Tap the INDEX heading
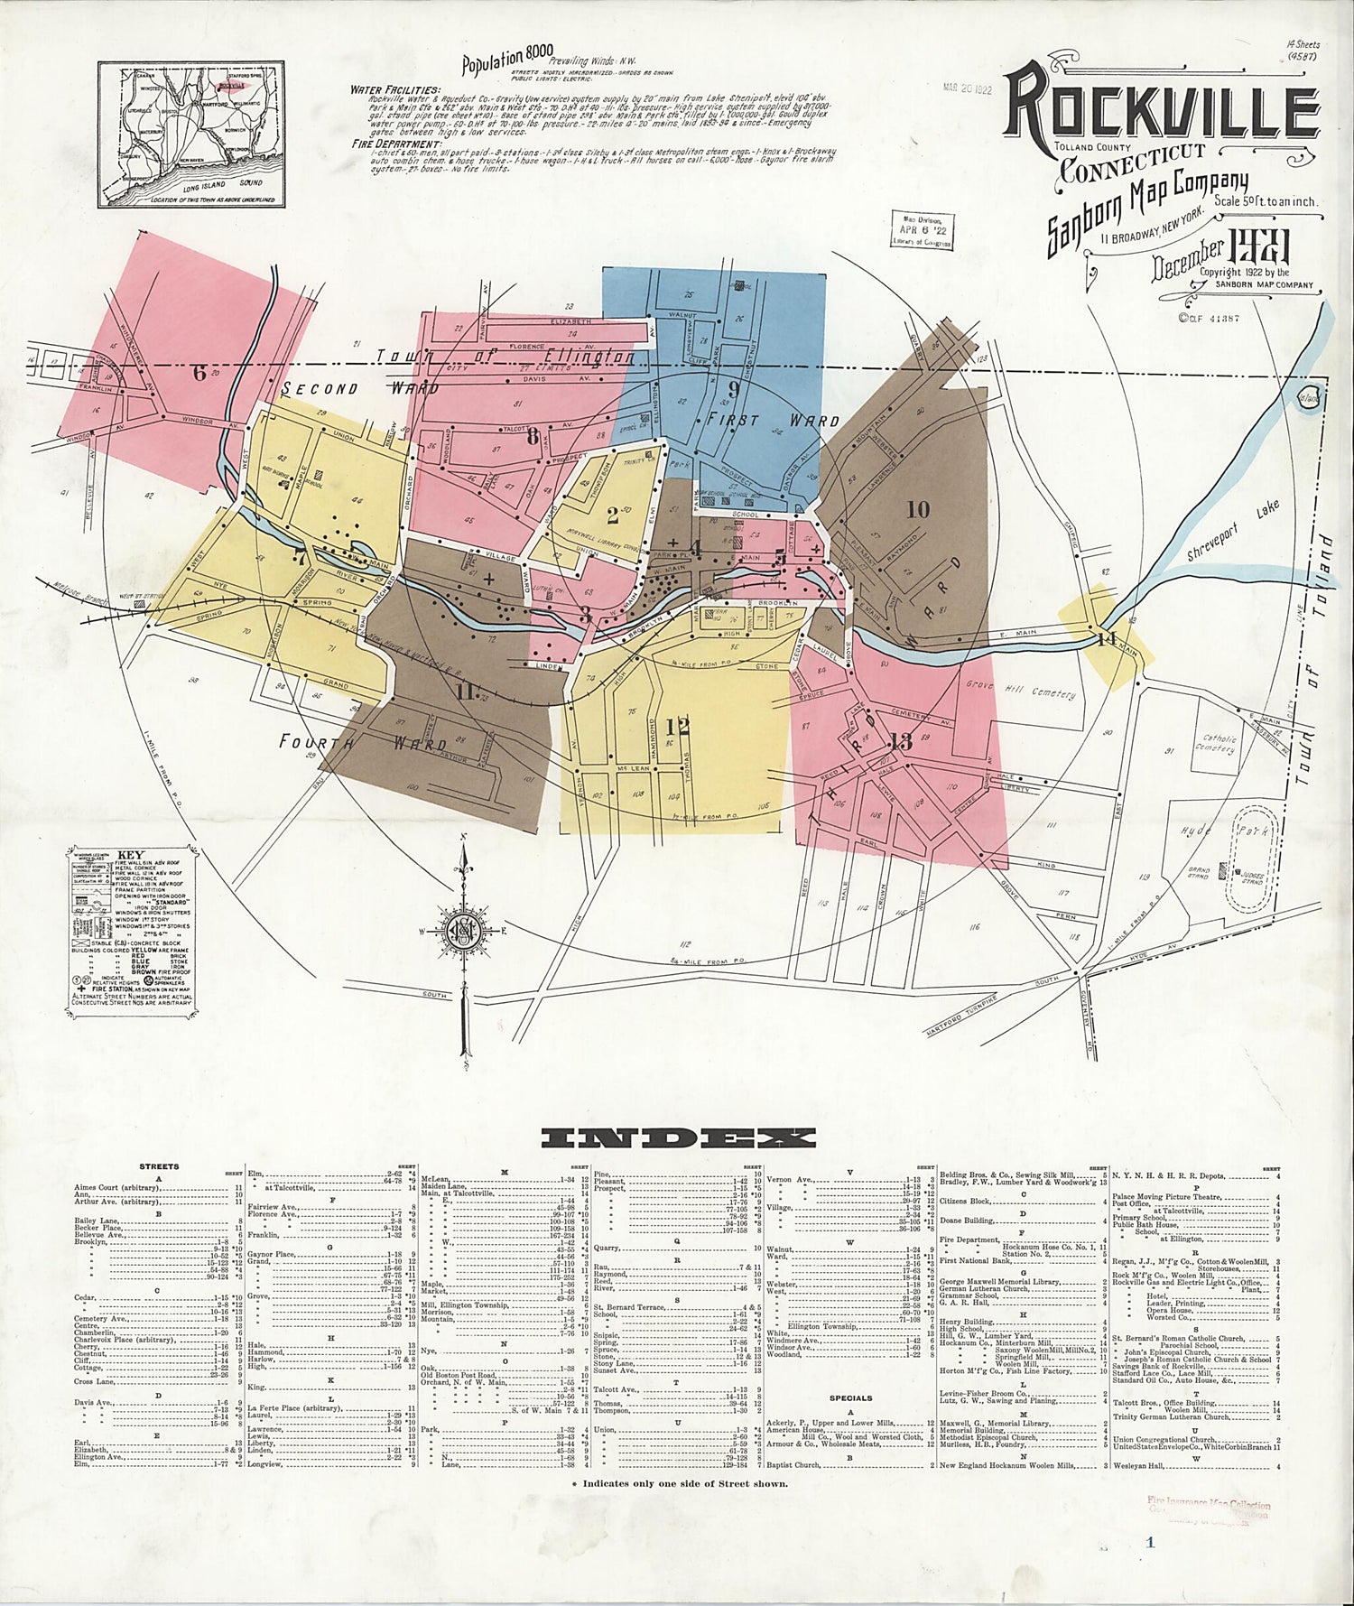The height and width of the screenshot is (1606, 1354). coord(677,1137)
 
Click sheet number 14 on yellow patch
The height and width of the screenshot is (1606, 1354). coord(1108,639)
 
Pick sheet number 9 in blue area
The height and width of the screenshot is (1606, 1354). coord(734,390)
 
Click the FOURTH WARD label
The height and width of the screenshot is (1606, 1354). coord(362,744)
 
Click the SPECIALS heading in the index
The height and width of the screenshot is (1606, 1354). coord(849,1424)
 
